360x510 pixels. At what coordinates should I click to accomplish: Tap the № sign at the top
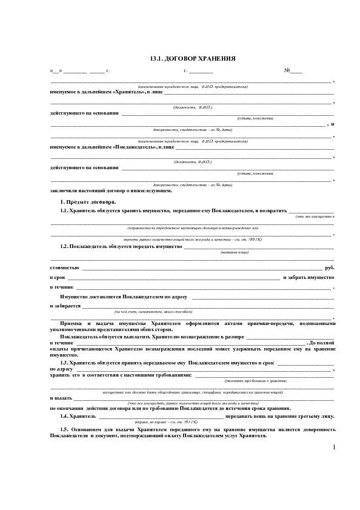[287, 71]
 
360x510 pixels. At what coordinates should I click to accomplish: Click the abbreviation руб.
[329, 267]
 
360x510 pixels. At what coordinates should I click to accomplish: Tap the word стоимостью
[64, 267]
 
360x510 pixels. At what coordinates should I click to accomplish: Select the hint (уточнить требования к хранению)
[255, 380]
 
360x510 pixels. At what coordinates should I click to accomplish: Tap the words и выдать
[61, 398]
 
